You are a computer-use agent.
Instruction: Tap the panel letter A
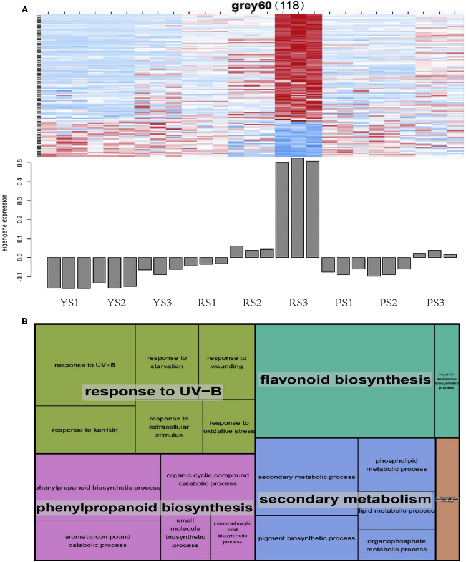[x=25, y=9]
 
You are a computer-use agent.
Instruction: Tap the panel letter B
[x=25, y=322]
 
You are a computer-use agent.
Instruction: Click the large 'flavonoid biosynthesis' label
[x=345, y=379]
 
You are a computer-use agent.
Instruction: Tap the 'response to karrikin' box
[x=84, y=430]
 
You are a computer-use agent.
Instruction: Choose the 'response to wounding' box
[x=226, y=362]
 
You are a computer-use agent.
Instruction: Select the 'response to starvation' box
[x=167, y=362]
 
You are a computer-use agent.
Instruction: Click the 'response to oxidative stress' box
[x=228, y=427]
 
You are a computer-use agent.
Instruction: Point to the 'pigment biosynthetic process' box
[x=306, y=538]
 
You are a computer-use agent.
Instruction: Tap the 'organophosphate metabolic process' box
[x=396, y=545]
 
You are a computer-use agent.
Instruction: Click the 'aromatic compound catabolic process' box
[x=97, y=540]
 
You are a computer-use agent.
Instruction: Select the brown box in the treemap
[x=447, y=499]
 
